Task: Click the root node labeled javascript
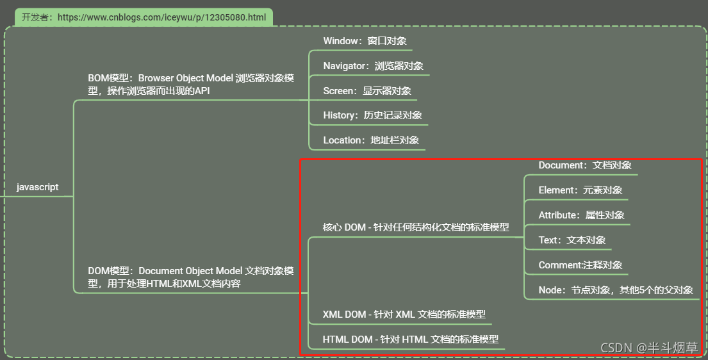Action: coord(37,187)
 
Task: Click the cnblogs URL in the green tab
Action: coord(161,18)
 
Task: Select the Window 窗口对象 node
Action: coord(365,41)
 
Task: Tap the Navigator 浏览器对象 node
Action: coord(373,66)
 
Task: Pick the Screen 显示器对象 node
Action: coord(367,91)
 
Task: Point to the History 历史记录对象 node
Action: coord(372,115)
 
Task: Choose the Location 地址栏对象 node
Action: coord(371,140)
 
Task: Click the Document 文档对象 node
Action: coord(585,165)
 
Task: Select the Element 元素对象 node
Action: coord(580,190)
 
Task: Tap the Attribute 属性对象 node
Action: coord(582,215)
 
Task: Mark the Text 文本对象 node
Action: coord(572,240)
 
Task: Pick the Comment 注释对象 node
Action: coord(580,265)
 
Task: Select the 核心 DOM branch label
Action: coord(416,227)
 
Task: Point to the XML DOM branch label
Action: coord(404,315)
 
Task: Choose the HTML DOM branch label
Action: coord(411,340)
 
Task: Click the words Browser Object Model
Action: coord(186,78)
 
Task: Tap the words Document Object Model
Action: coord(190,271)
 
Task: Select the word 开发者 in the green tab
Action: coord(35,18)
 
